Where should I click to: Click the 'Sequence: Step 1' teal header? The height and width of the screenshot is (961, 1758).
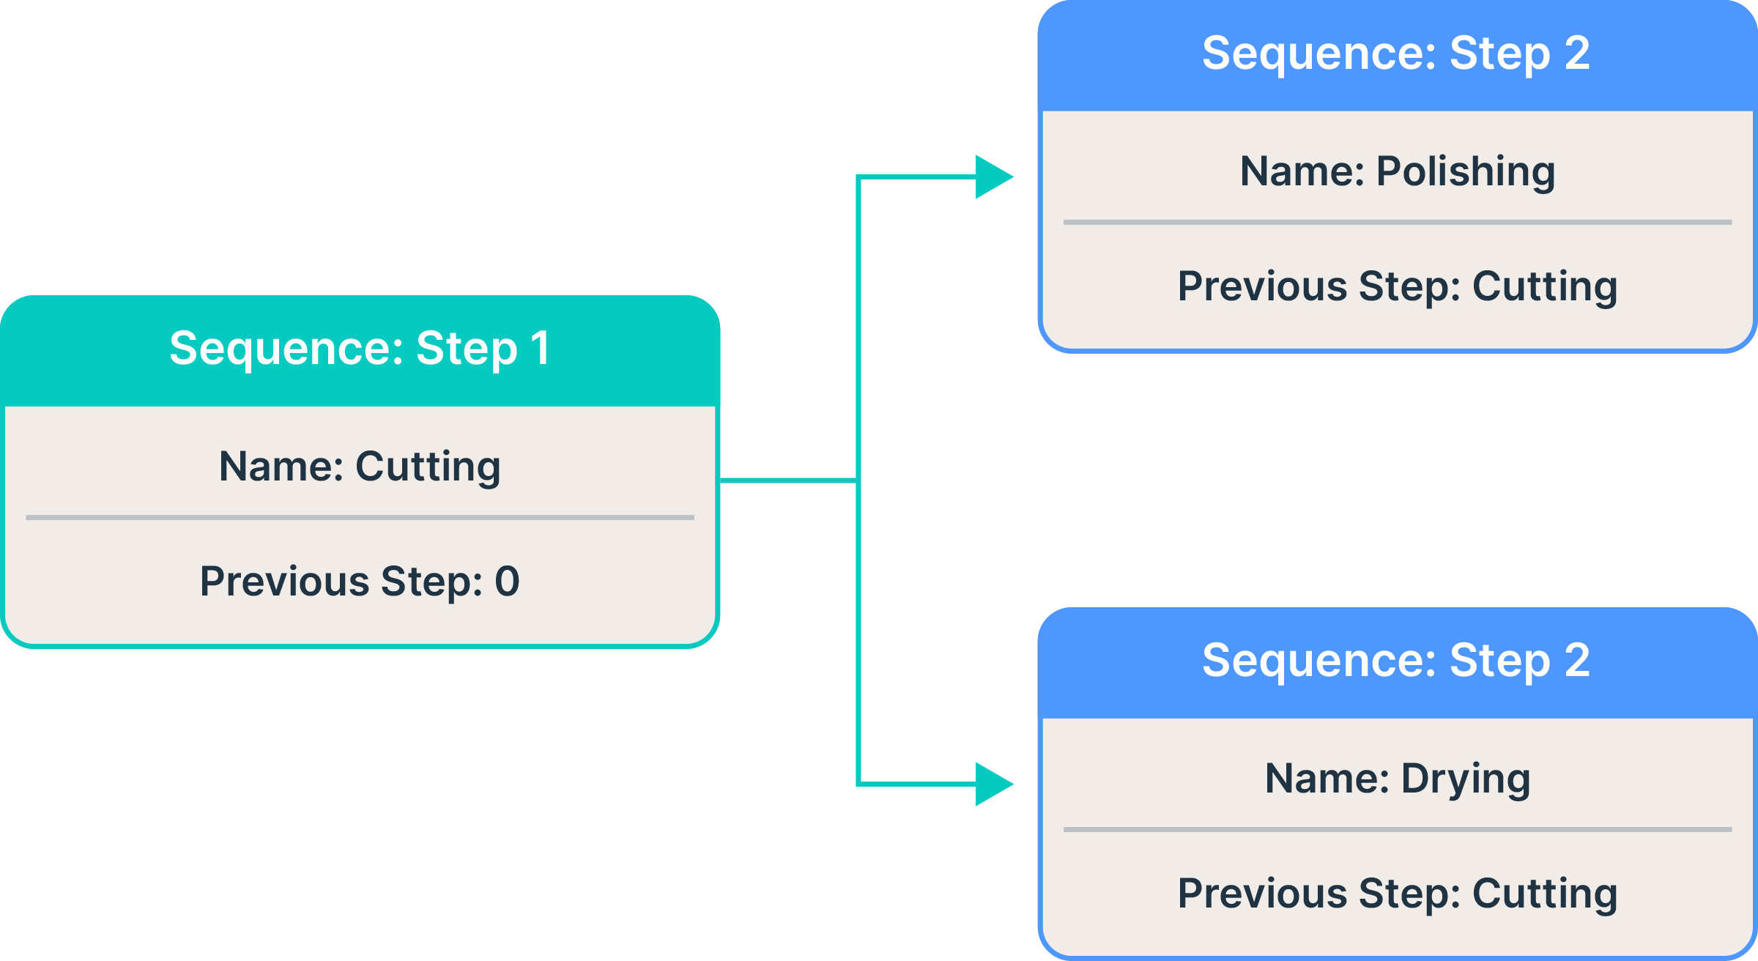[x=359, y=349]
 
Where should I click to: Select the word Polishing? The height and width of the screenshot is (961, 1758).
[x=1465, y=172]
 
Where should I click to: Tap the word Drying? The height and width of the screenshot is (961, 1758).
[x=1465, y=779]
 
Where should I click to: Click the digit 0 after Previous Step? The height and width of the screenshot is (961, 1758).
[x=507, y=582]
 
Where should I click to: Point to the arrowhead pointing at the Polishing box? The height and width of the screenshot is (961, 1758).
[x=993, y=177]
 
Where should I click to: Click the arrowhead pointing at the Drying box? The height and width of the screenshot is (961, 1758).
[x=993, y=784]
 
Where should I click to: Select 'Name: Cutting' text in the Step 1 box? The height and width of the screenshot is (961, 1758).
[x=359, y=467]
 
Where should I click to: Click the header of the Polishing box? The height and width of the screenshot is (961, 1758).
[x=1396, y=54]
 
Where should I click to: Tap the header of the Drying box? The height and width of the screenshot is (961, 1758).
[x=1396, y=661]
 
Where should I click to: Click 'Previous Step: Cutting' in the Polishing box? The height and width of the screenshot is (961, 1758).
[x=1397, y=286]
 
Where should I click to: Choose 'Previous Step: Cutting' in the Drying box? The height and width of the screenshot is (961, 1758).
[x=1397, y=894]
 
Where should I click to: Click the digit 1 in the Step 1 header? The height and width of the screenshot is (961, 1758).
[x=541, y=349]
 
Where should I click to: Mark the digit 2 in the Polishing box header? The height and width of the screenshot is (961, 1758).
[x=1576, y=54]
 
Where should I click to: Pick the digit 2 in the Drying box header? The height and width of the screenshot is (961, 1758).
[x=1576, y=661]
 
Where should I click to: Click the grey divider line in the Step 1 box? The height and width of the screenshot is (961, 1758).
[x=359, y=518]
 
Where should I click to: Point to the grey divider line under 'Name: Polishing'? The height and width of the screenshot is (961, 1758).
[x=1397, y=222]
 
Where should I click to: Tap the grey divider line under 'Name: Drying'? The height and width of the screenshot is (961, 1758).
[x=1397, y=830]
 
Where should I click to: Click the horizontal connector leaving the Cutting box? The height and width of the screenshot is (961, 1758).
[x=787, y=480]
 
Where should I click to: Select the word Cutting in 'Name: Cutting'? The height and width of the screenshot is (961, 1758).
[x=428, y=467]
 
